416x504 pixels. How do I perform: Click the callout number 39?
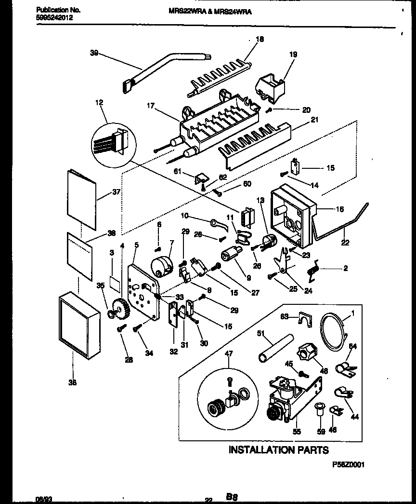(93, 54)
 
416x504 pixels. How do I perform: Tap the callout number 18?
(260, 40)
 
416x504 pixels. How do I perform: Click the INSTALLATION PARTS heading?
(278, 450)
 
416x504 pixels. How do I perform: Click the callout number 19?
(293, 55)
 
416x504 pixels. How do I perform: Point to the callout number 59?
(321, 432)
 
